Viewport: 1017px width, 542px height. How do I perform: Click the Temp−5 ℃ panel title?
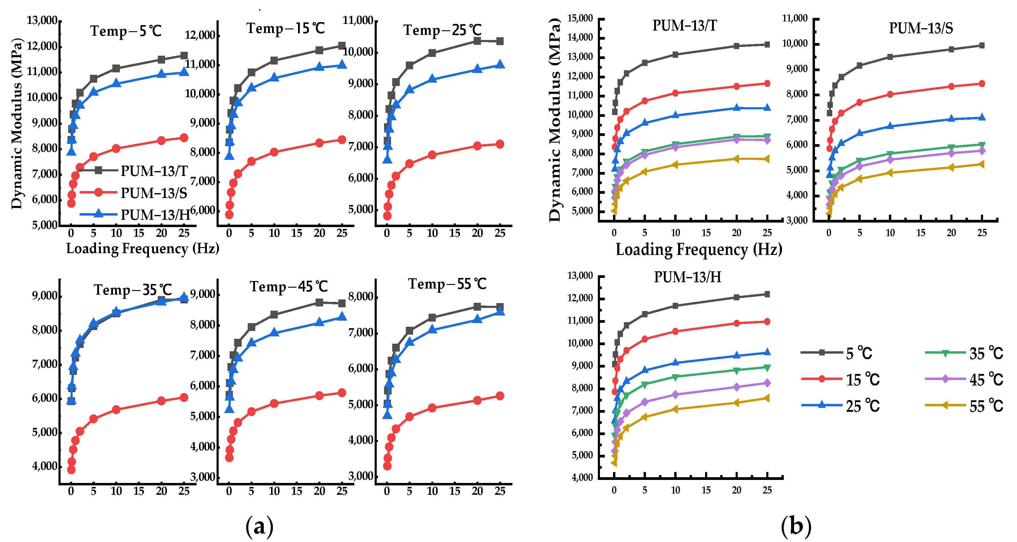(x=126, y=31)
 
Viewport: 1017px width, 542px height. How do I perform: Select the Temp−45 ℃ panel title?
(x=289, y=286)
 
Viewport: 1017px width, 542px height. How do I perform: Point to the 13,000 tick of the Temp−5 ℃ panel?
(x=42, y=21)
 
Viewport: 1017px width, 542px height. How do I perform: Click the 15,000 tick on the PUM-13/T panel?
(x=580, y=18)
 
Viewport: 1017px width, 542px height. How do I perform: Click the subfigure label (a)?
(x=259, y=526)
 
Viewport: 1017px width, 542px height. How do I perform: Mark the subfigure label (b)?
(x=796, y=526)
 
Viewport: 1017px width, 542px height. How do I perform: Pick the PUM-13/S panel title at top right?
(x=921, y=28)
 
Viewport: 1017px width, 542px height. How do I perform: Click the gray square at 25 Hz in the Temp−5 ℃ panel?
(x=184, y=56)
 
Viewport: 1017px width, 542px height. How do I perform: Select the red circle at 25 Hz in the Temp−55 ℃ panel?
(x=500, y=395)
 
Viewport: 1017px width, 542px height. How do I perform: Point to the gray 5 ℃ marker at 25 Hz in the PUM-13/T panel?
(x=767, y=45)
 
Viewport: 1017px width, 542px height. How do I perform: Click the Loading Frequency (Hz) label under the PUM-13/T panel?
(x=699, y=250)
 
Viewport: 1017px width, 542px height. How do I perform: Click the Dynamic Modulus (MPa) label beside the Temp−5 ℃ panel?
(x=17, y=123)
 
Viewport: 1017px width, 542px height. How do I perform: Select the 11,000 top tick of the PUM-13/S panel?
(x=794, y=18)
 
